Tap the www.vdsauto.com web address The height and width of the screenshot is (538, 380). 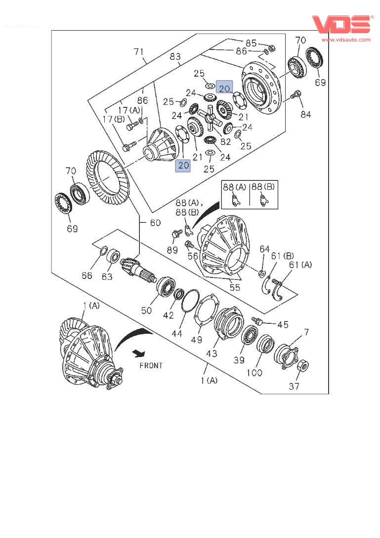point(346,40)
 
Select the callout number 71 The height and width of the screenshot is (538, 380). point(139,51)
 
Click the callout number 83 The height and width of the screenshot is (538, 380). point(175,57)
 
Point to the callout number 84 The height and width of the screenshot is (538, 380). point(306,115)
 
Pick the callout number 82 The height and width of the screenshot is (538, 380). point(226,142)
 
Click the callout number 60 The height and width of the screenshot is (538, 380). point(155,223)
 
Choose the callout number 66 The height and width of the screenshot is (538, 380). point(87,276)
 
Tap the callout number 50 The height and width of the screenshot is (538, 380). point(146,311)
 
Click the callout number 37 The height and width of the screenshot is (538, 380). point(294,386)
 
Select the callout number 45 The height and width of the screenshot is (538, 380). point(283,324)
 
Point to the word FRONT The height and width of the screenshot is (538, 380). point(151,365)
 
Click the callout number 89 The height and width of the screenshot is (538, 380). point(172,250)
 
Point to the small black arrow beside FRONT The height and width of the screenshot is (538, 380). point(139,353)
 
